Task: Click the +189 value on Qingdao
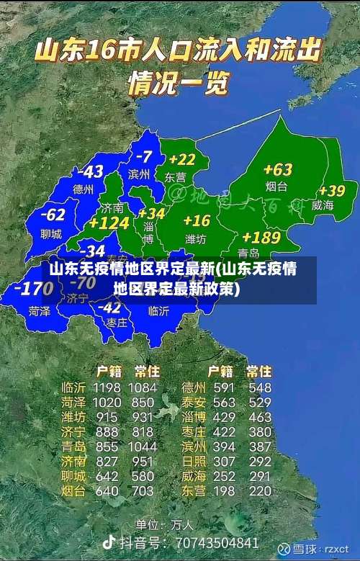coord(261,237)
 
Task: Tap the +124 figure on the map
coord(109,224)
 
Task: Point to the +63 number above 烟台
coord(277,170)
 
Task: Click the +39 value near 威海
coord(332,191)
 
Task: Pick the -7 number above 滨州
coord(143,156)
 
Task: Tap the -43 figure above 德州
coord(91,172)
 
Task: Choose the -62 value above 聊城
coord(53,215)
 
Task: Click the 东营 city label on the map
coord(175,176)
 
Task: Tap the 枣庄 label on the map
coord(116,323)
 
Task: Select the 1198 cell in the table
coord(107,388)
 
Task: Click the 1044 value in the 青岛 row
coord(143,446)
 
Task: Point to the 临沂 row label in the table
coord(73,388)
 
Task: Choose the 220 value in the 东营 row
coord(260,491)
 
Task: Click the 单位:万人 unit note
coord(165,524)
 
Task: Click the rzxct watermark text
coord(336,549)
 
